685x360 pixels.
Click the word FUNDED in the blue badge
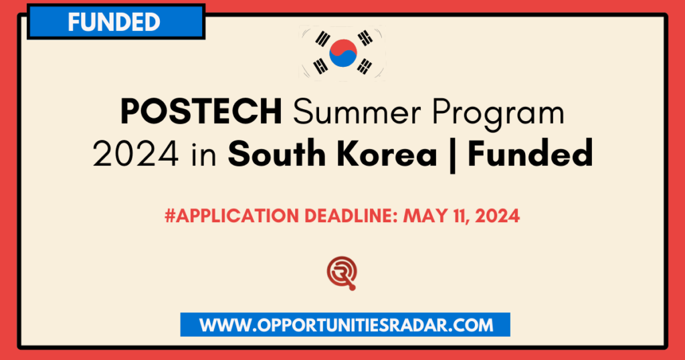114,21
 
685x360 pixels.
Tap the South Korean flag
342,52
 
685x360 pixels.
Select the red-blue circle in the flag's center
342,52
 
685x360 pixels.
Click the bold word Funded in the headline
530,155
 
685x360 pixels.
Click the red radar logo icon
342,273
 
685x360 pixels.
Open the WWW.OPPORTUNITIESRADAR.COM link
345,325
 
